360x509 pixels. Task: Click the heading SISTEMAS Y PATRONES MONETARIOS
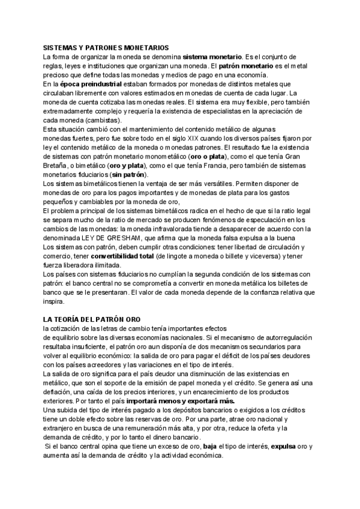[106, 47]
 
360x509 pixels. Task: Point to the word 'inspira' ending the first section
[53, 303]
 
